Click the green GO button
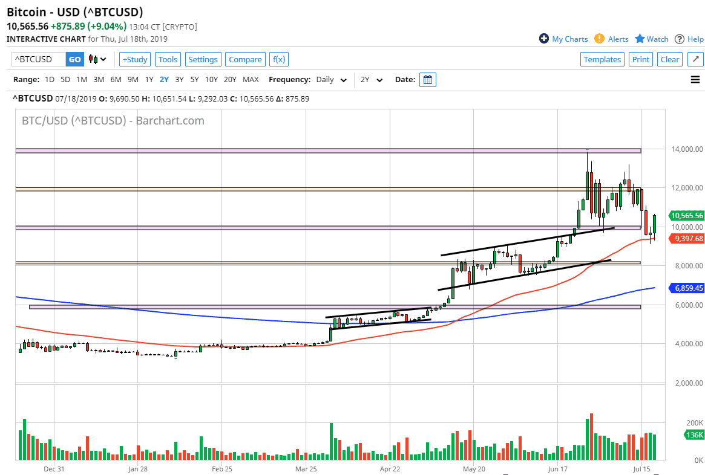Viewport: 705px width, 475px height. (x=74, y=59)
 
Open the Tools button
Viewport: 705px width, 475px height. (x=168, y=59)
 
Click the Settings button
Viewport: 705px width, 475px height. (x=203, y=59)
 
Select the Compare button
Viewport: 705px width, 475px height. (x=245, y=59)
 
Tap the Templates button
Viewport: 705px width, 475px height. (x=602, y=59)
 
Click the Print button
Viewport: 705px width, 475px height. (x=640, y=59)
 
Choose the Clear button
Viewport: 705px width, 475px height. (x=670, y=59)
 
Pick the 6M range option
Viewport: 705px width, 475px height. (x=116, y=80)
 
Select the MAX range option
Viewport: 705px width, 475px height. (x=251, y=80)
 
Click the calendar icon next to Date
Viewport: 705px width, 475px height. (x=427, y=80)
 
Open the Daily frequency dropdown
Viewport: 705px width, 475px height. (x=331, y=80)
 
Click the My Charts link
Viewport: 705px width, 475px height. (x=563, y=39)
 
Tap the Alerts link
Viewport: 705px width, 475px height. (x=612, y=39)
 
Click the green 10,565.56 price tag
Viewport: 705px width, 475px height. (x=686, y=216)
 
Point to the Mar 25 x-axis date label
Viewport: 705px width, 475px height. (x=306, y=468)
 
